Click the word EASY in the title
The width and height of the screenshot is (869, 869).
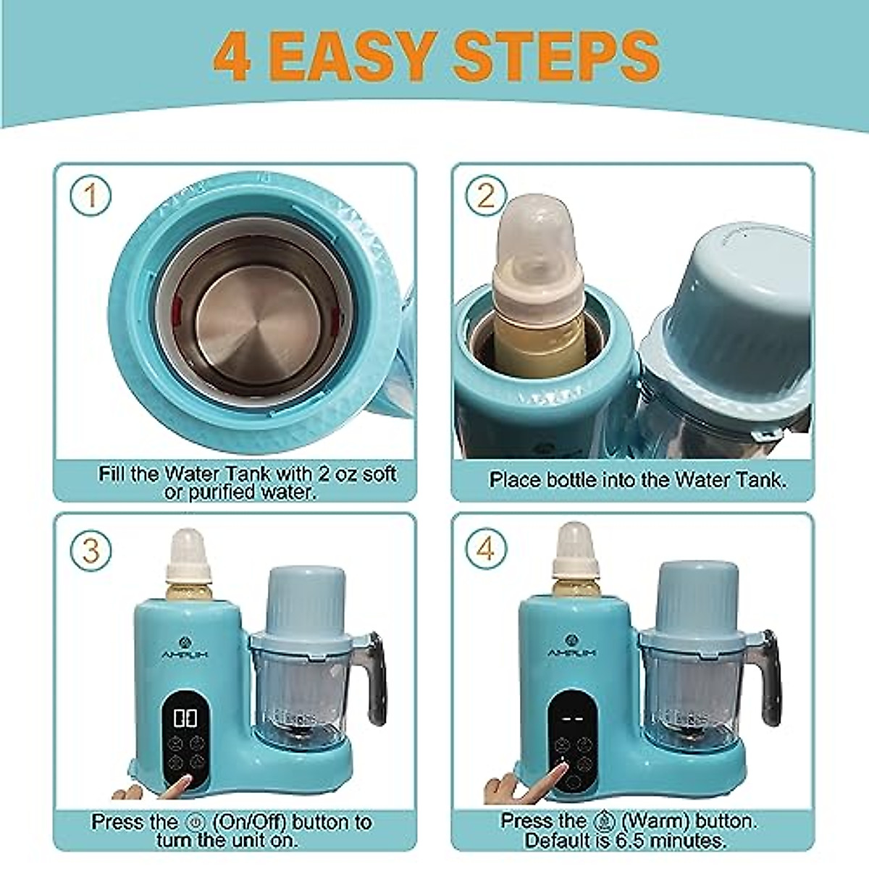click(x=353, y=56)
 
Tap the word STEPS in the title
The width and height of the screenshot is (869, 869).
click(x=556, y=56)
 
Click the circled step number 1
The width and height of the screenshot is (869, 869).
click(x=91, y=196)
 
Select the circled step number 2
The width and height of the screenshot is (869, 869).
click(x=486, y=196)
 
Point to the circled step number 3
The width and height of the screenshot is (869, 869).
click(x=91, y=551)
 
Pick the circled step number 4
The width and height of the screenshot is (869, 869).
click(x=486, y=549)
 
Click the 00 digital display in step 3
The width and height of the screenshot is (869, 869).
click(x=185, y=718)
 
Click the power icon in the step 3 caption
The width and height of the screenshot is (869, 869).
click(x=196, y=822)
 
